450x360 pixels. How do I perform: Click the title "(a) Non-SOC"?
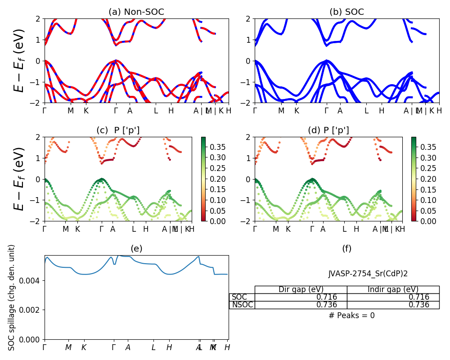pyautogui.click(x=136, y=12)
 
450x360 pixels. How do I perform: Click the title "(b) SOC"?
pyautogui.click(x=346, y=12)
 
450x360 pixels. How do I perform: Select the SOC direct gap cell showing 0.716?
pyautogui.click(x=301, y=297)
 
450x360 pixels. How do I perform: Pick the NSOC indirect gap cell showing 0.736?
pyautogui.click(x=393, y=305)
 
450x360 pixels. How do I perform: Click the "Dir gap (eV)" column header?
pyautogui.click(x=301, y=289)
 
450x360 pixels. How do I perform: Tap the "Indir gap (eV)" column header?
pyautogui.click(x=393, y=289)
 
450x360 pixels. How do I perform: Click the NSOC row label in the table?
pyautogui.click(x=242, y=305)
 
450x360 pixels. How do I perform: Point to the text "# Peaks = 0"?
pyautogui.click(x=351, y=315)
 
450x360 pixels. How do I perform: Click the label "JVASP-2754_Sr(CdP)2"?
pyautogui.click(x=368, y=273)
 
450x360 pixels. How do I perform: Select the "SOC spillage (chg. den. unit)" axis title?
pyautogui.click(x=12, y=297)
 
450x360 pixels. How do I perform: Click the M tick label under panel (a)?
pyautogui.click(x=71, y=111)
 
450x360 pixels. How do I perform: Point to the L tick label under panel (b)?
pyautogui.click(x=366, y=111)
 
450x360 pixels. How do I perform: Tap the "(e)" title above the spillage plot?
pyautogui.click(x=136, y=248)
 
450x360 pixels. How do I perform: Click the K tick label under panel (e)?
pyautogui.click(x=84, y=347)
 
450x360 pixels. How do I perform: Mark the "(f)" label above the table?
pyautogui.click(x=346, y=248)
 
